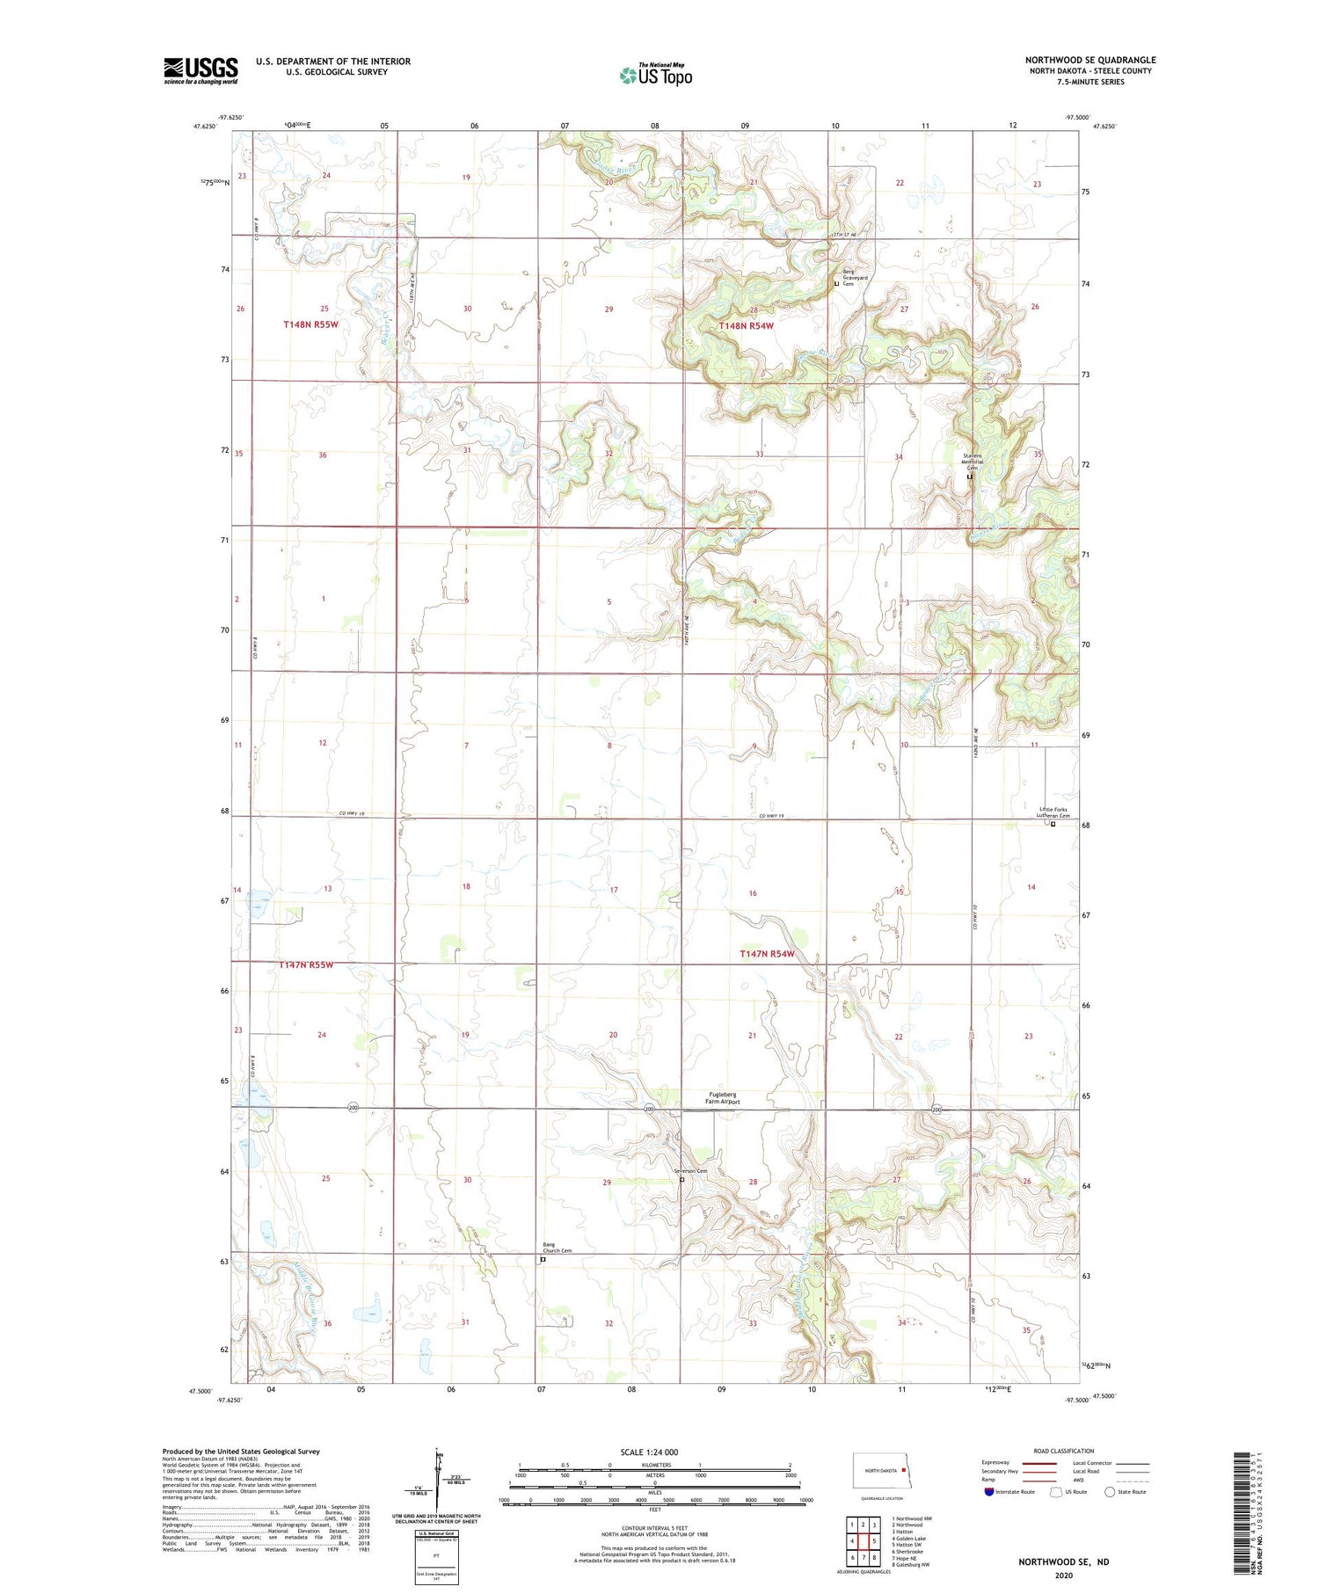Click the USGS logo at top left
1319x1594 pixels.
[x=200, y=70]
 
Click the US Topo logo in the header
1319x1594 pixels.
[x=655, y=75]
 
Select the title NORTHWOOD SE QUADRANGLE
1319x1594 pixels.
[x=1089, y=60]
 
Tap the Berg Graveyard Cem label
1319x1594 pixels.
[x=855, y=278]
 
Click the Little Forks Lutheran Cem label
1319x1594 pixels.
[x=1053, y=812]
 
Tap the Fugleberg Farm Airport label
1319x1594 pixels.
[x=724, y=1097]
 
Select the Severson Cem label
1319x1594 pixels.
[x=690, y=1170]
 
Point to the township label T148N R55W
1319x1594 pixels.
[x=310, y=324]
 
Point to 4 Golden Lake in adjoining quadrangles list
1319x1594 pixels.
[x=910, y=1538]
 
